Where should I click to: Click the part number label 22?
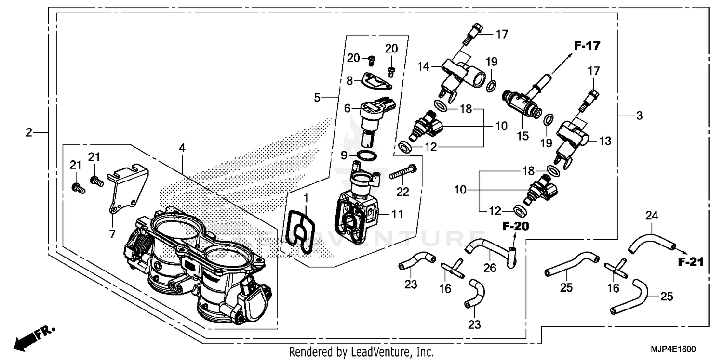(402, 192)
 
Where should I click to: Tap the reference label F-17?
(587, 46)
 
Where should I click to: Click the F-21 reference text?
(690, 262)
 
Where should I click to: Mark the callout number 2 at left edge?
(29, 132)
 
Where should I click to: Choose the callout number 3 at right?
(639, 116)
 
